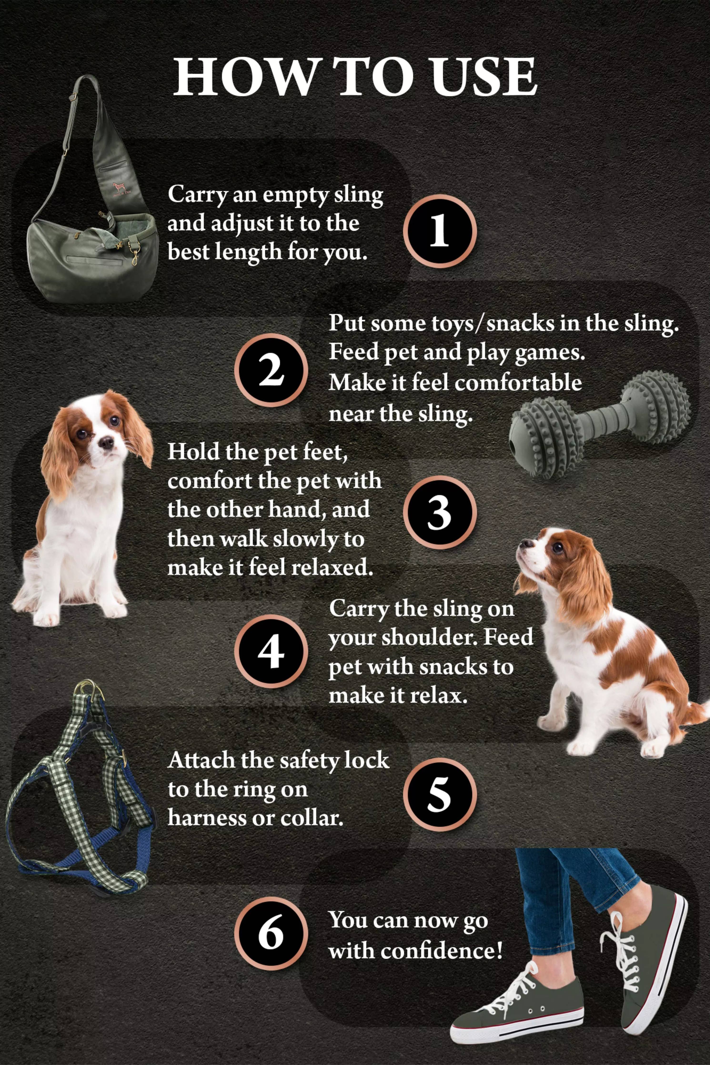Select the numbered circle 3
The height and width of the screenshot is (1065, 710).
(x=439, y=512)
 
